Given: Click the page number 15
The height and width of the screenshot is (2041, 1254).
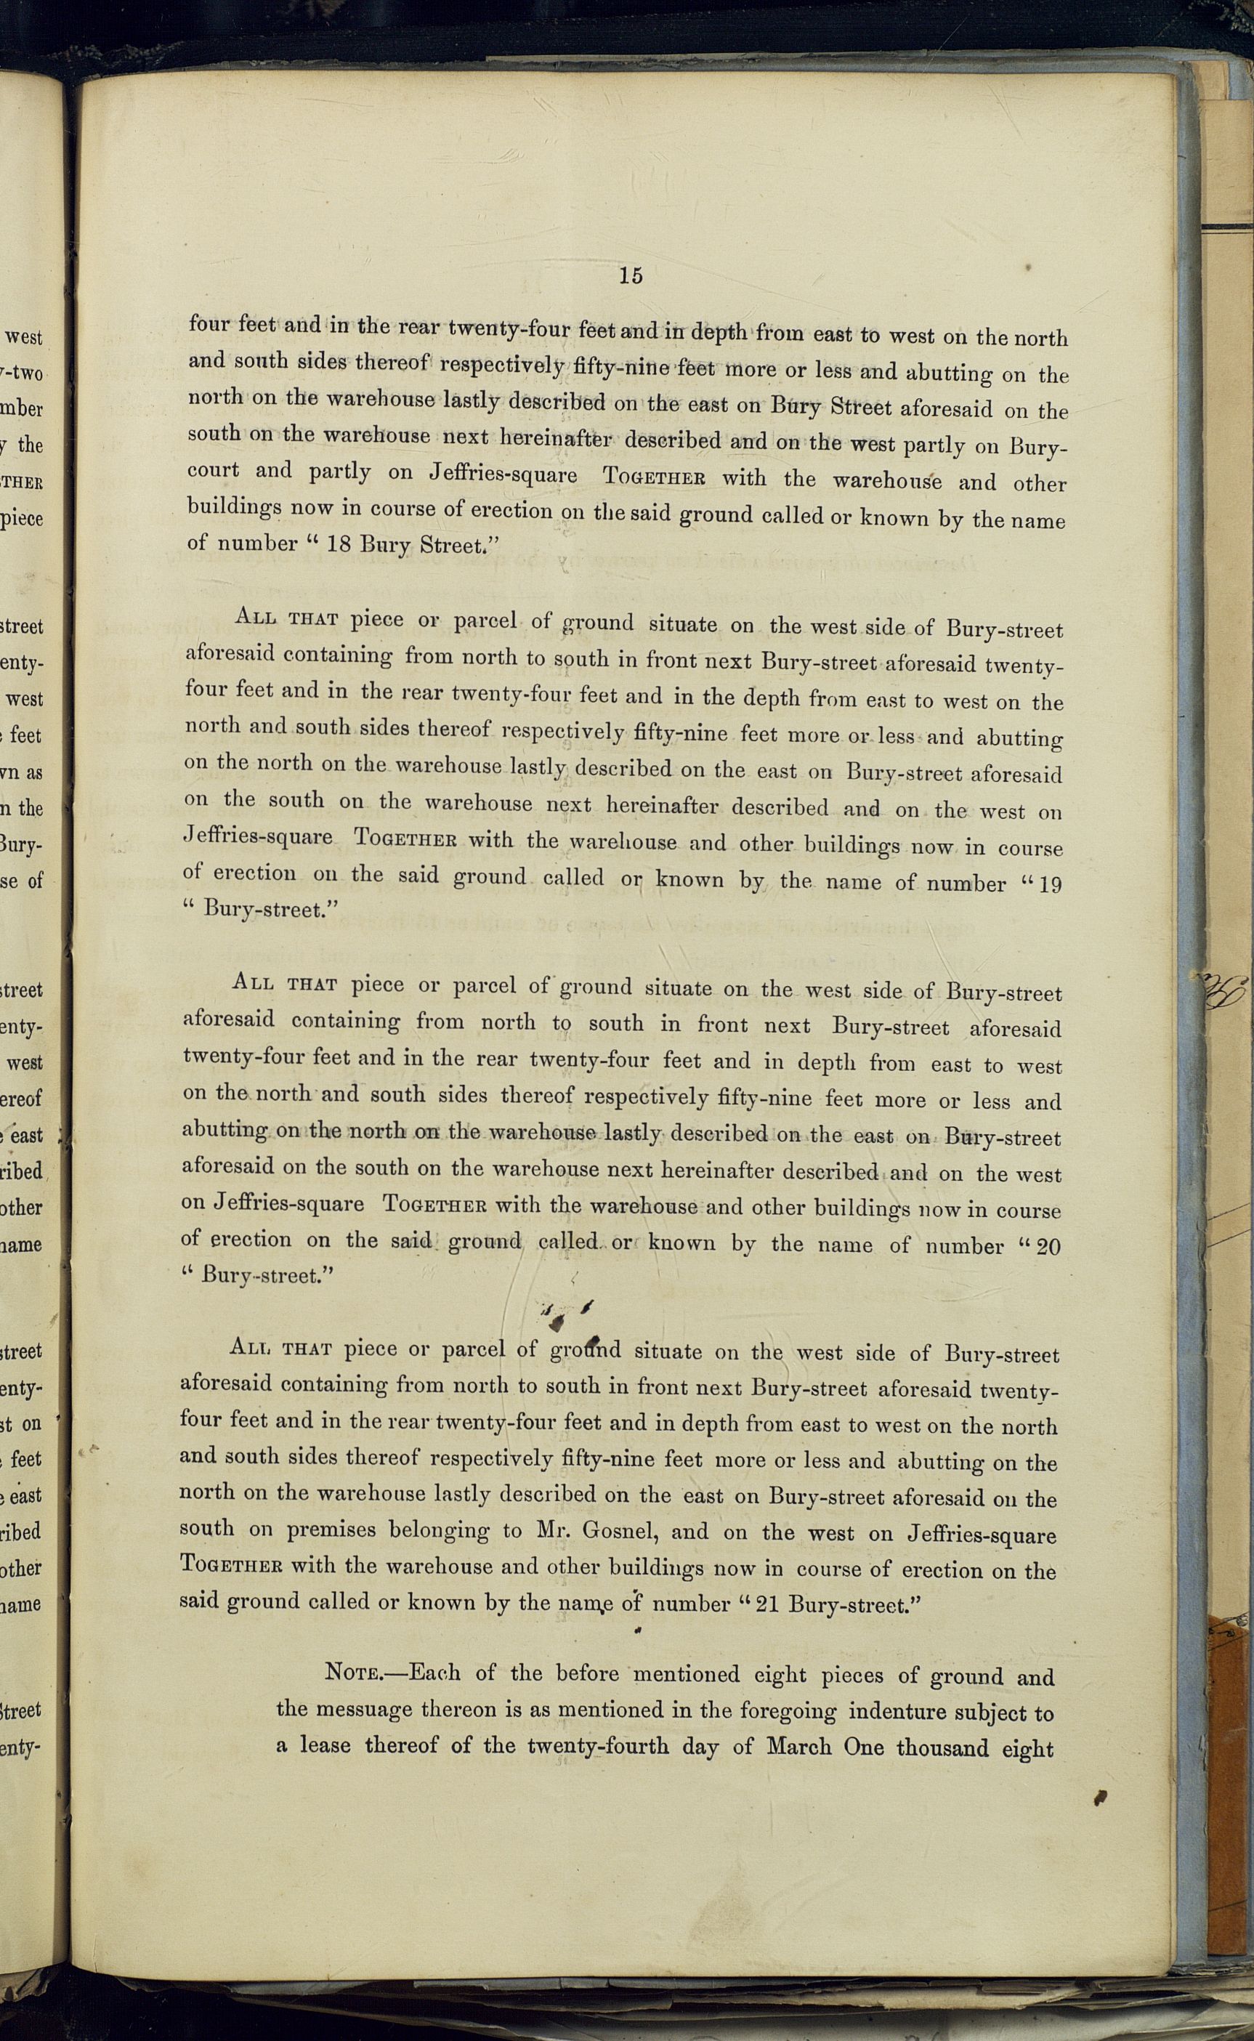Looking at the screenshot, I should coord(631,276).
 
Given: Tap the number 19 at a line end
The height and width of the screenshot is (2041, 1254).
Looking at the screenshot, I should coord(1049,884).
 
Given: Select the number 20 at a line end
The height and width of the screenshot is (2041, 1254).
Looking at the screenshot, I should coord(1048,1248).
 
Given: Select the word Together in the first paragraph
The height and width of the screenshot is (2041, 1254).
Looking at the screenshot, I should coord(655,480).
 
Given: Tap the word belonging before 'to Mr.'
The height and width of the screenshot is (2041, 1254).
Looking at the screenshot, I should coord(440,1531).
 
